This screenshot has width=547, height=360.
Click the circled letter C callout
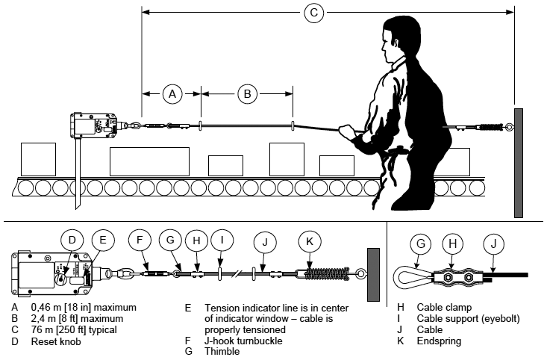coord(314,12)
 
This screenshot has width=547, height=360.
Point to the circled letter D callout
coord(72,241)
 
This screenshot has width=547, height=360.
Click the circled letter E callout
coord(103,241)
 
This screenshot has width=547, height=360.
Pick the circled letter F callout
coord(139,241)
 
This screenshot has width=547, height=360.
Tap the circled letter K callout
coord(309,241)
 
